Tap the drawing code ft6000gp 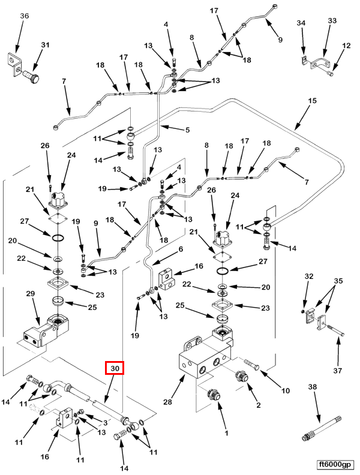336,465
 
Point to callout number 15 312,101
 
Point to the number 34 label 302,23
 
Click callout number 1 226,432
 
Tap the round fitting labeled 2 243,377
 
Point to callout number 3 105,423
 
